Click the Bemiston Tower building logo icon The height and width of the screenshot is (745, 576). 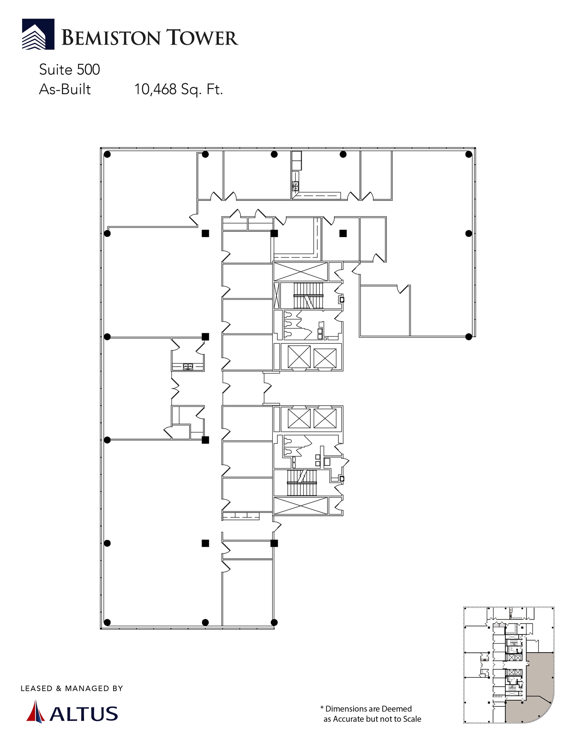click(x=38, y=34)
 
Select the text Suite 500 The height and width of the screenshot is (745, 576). click(x=69, y=69)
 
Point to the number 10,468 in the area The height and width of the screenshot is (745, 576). click(x=155, y=89)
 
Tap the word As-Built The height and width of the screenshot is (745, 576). click(x=65, y=89)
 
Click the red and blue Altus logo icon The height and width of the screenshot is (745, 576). click(x=35, y=711)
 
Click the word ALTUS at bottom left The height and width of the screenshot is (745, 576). click(x=84, y=714)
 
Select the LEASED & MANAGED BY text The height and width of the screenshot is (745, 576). click(x=72, y=688)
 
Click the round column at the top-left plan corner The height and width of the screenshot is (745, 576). click(x=107, y=155)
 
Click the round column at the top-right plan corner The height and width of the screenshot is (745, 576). click(x=469, y=155)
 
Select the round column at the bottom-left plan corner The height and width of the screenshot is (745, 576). click(x=107, y=622)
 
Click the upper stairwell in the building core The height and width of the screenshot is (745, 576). click(x=308, y=296)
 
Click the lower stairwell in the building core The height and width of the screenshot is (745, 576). click(x=302, y=483)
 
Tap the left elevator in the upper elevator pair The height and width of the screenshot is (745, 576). click(x=299, y=357)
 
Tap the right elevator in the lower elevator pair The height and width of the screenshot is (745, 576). click(x=325, y=418)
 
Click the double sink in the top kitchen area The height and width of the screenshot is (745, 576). click(x=296, y=186)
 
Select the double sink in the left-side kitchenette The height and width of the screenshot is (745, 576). click(x=188, y=366)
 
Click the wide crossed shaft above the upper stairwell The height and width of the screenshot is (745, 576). click(x=301, y=272)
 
